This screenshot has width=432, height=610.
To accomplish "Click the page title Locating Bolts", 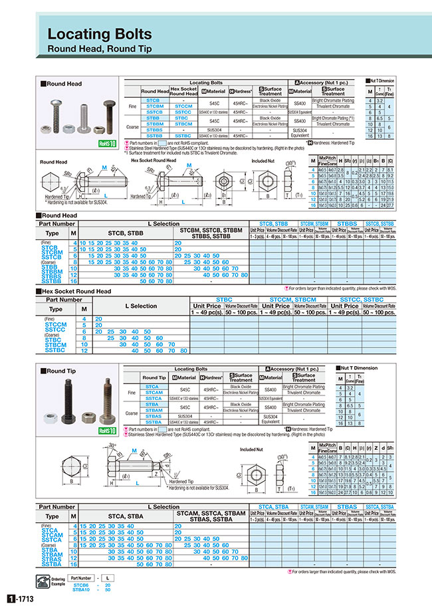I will coord(100,34).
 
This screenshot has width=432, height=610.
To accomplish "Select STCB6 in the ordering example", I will coord(80,585).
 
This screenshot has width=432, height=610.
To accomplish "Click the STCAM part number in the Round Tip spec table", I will coord(152,393).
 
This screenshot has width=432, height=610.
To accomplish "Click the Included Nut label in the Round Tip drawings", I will coord(252,449).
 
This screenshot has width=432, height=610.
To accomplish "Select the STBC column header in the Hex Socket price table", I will coord(225,300).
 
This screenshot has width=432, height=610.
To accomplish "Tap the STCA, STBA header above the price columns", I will coord(272,507).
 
